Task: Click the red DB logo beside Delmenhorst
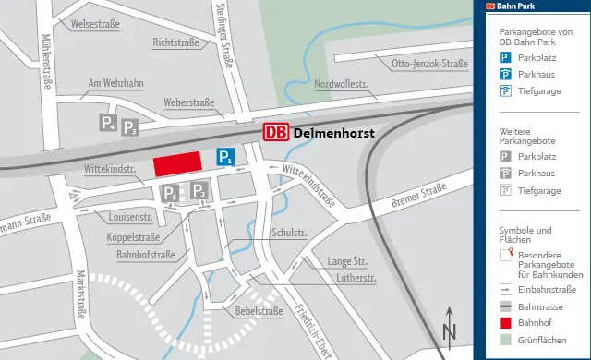pyautogui.click(x=275, y=132)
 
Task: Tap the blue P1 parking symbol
pyautogui.click(x=225, y=157)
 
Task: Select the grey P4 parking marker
pyautogui.click(x=109, y=123)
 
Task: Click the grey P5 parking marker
pyautogui.click(x=169, y=194)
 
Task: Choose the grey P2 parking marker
pyautogui.click(x=199, y=191)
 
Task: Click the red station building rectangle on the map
pyautogui.click(x=177, y=164)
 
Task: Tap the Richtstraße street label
pyautogui.click(x=176, y=42)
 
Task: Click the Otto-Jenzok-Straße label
pyautogui.click(x=429, y=64)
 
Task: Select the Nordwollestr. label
pyautogui.click(x=341, y=84)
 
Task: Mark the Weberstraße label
pyautogui.click(x=188, y=102)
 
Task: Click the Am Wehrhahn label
pyautogui.click(x=115, y=84)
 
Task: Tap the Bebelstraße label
pyautogui.click(x=259, y=311)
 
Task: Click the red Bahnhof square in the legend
pyautogui.click(x=505, y=324)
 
